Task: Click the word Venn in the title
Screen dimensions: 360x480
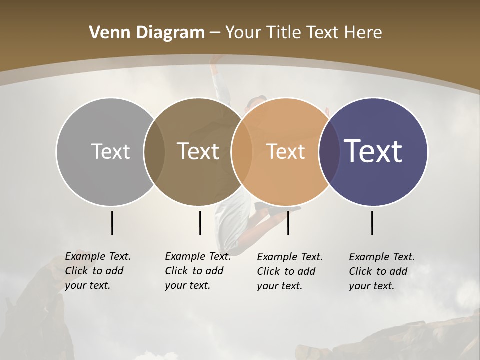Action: [105, 33]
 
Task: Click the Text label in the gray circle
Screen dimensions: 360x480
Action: [110, 151]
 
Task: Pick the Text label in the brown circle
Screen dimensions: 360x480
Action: [198, 151]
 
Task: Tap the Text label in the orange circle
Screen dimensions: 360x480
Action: [285, 151]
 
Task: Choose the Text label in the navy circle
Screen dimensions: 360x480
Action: [373, 151]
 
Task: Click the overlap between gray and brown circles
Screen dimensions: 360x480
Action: [154, 151]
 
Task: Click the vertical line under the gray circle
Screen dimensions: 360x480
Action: [112, 223]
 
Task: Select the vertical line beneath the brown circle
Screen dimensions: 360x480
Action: [200, 223]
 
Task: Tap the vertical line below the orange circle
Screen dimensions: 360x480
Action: [288, 223]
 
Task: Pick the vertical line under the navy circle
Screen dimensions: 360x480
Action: [372, 223]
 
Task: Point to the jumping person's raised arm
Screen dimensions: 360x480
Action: [217, 75]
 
